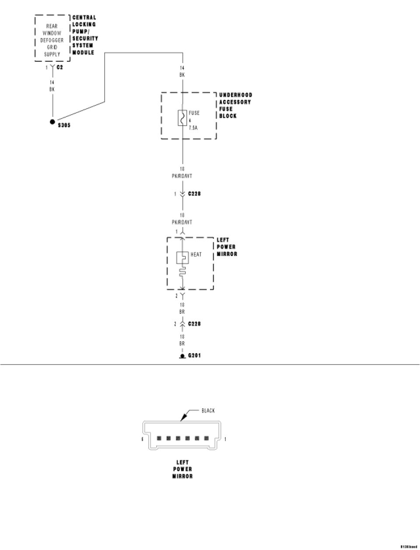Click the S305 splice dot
[x=52, y=122]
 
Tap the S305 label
[x=64, y=125]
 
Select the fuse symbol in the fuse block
[x=182, y=118]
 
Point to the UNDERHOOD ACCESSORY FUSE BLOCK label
[x=235, y=105]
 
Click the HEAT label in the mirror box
[x=196, y=254]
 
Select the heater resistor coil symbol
[x=182, y=272]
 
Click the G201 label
[x=195, y=356]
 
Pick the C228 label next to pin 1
[x=194, y=193]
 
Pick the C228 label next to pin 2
[x=194, y=324]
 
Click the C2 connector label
[x=60, y=67]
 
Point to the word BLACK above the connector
[x=208, y=410]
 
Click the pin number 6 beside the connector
[x=142, y=439]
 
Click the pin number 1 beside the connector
[x=225, y=439]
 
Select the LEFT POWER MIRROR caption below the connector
[x=182, y=469]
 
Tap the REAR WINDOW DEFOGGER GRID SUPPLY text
[x=52, y=40]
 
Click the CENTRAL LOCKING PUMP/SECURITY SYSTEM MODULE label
[x=84, y=35]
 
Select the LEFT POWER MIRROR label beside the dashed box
[x=227, y=247]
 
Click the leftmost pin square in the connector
[x=159, y=438]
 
